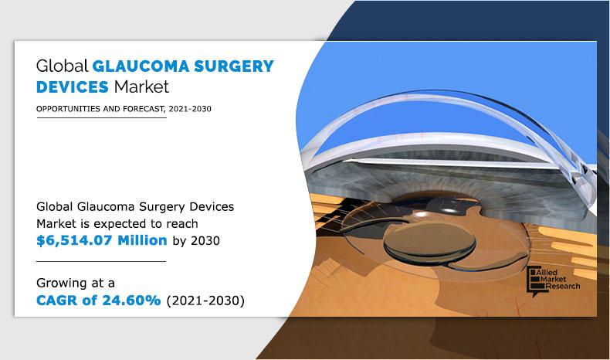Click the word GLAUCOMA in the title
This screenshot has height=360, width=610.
pos(136,66)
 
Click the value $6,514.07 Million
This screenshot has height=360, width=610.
pos(102,240)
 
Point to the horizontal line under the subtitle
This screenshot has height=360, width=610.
pos(100,117)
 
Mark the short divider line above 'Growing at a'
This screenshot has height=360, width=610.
pos(100,261)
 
